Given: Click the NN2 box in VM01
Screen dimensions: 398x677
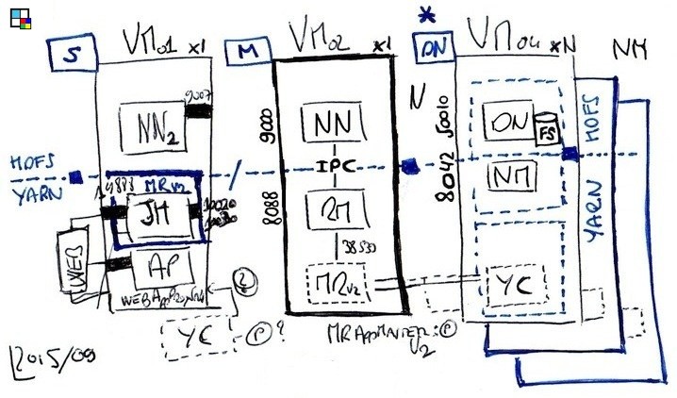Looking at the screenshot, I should tap(150, 122).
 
